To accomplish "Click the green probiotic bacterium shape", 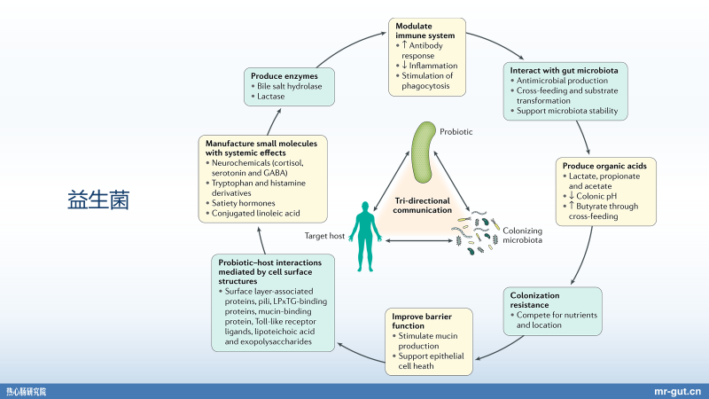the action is click(423, 153).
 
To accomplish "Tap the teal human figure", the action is click(365, 237).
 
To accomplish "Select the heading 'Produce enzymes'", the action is click(284, 76).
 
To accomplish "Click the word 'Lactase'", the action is click(271, 97).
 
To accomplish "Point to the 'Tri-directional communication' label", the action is click(423, 206).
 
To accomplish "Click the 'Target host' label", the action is click(324, 236).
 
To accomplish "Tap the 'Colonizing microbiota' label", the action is click(522, 235).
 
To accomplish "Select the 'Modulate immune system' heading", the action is click(425, 31).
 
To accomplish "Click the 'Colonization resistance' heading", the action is click(535, 300).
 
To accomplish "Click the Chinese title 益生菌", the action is click(98, 200).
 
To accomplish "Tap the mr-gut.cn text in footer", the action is click(677, 392).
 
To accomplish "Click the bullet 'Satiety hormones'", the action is click(243, 203).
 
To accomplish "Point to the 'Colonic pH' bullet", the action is click(593, 196).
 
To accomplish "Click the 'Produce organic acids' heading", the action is click(604, 166).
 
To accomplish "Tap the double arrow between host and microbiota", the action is click(418, 240).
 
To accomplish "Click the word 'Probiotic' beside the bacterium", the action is click(456, 131).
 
